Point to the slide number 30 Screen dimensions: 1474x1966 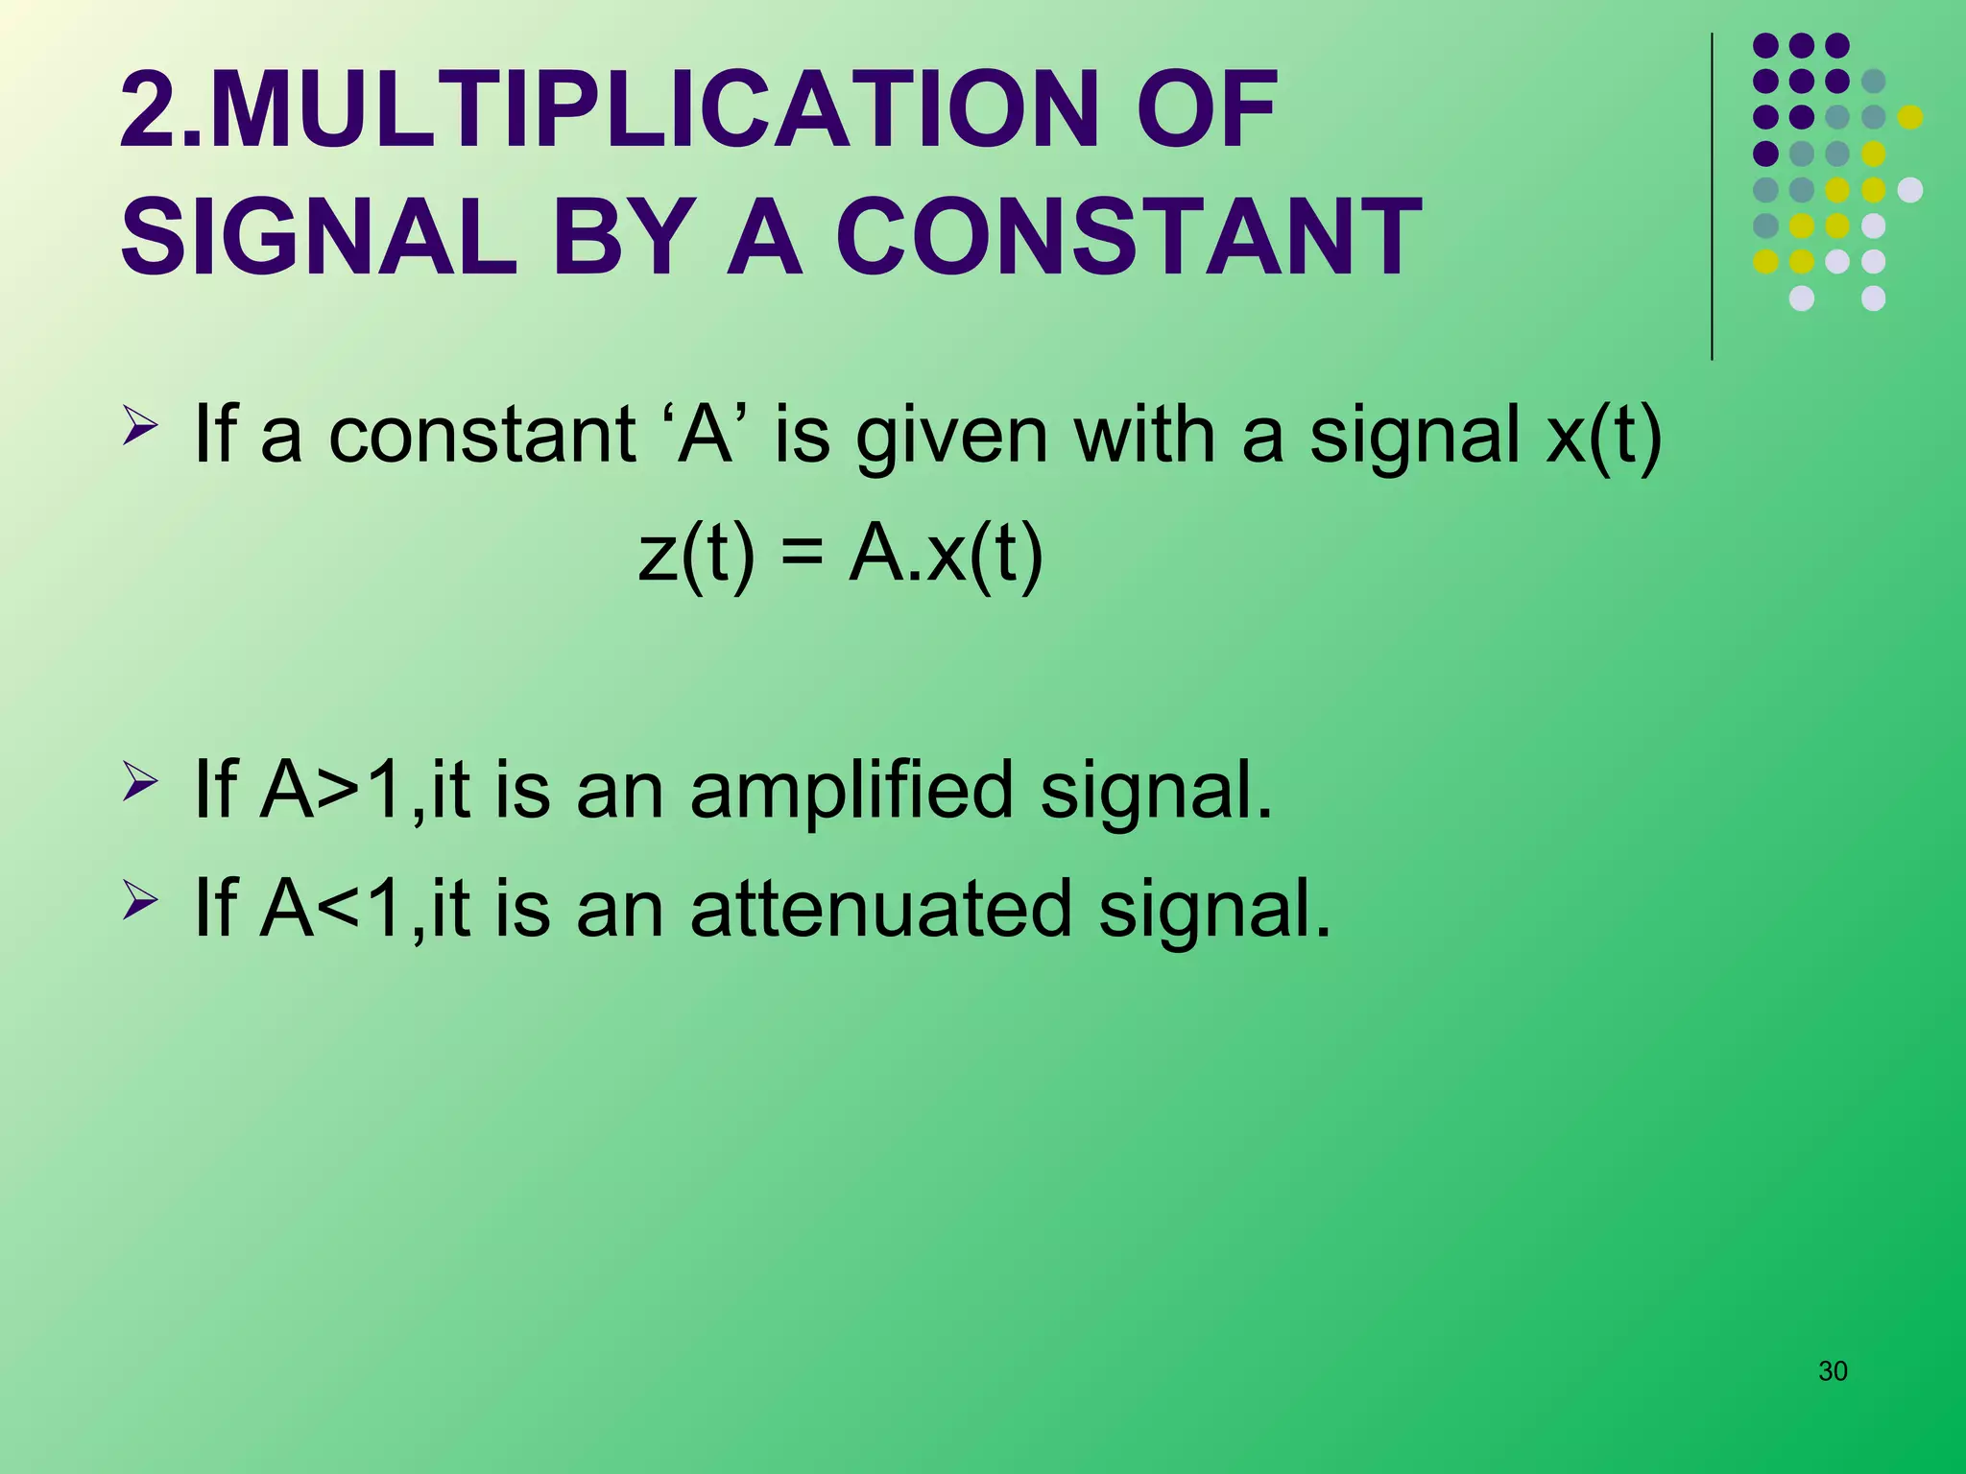[x=1833, y=1371]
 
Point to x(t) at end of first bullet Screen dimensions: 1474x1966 [x=1603, y=437]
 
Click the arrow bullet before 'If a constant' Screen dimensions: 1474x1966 [x=140, y=426]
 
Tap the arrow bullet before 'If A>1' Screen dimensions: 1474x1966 [x=140, y=781]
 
